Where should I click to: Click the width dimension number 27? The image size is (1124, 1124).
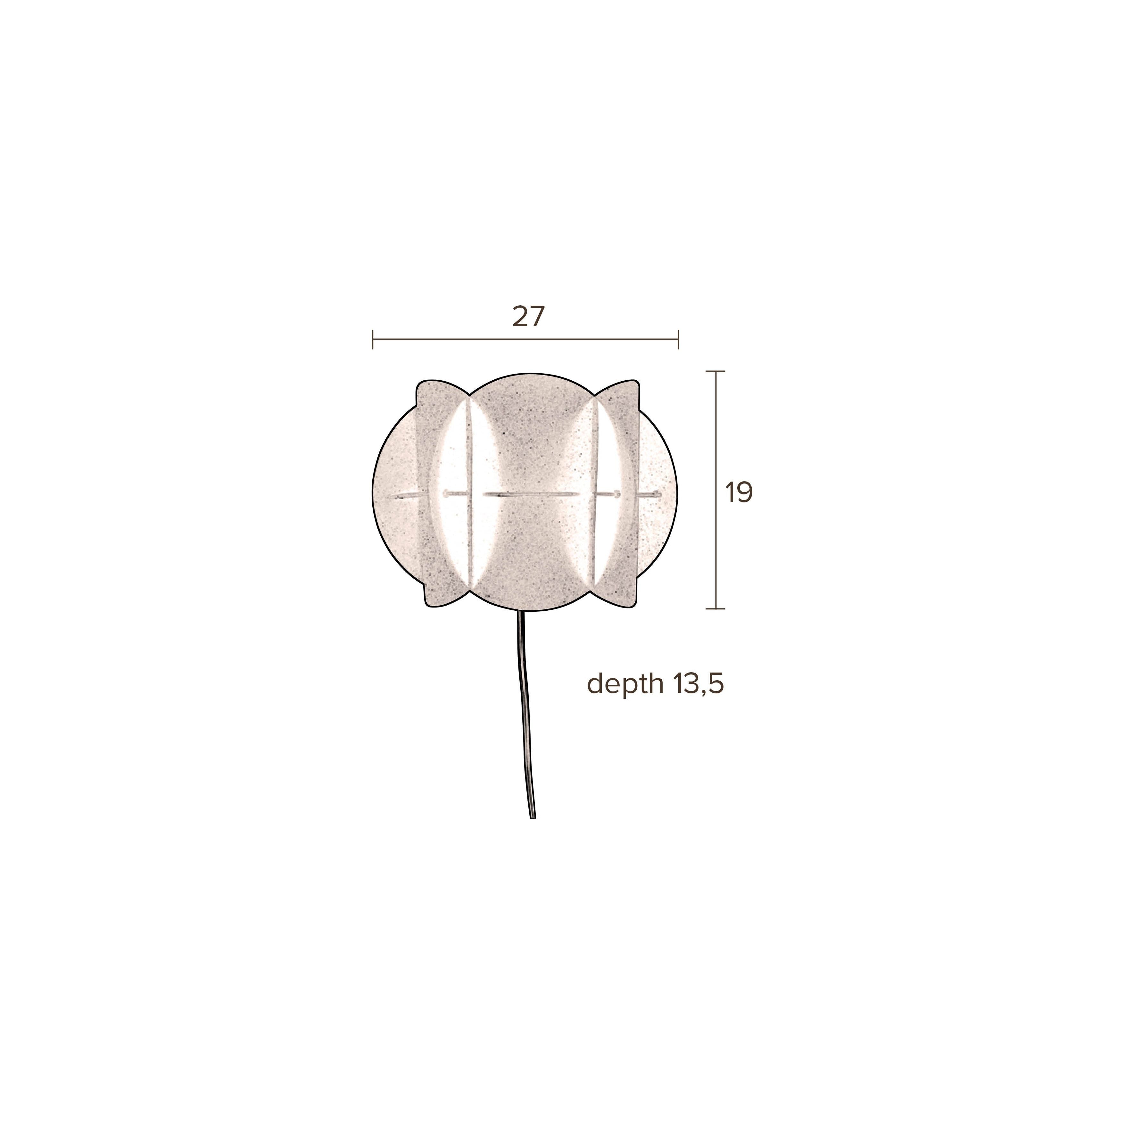(528, 317)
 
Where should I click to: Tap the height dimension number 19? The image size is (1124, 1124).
(739, 493)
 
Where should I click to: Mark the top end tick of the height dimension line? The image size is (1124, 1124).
(715, 371)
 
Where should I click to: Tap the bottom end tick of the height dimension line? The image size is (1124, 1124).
(715, 608)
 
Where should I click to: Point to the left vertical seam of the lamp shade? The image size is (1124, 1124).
(469, 494)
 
